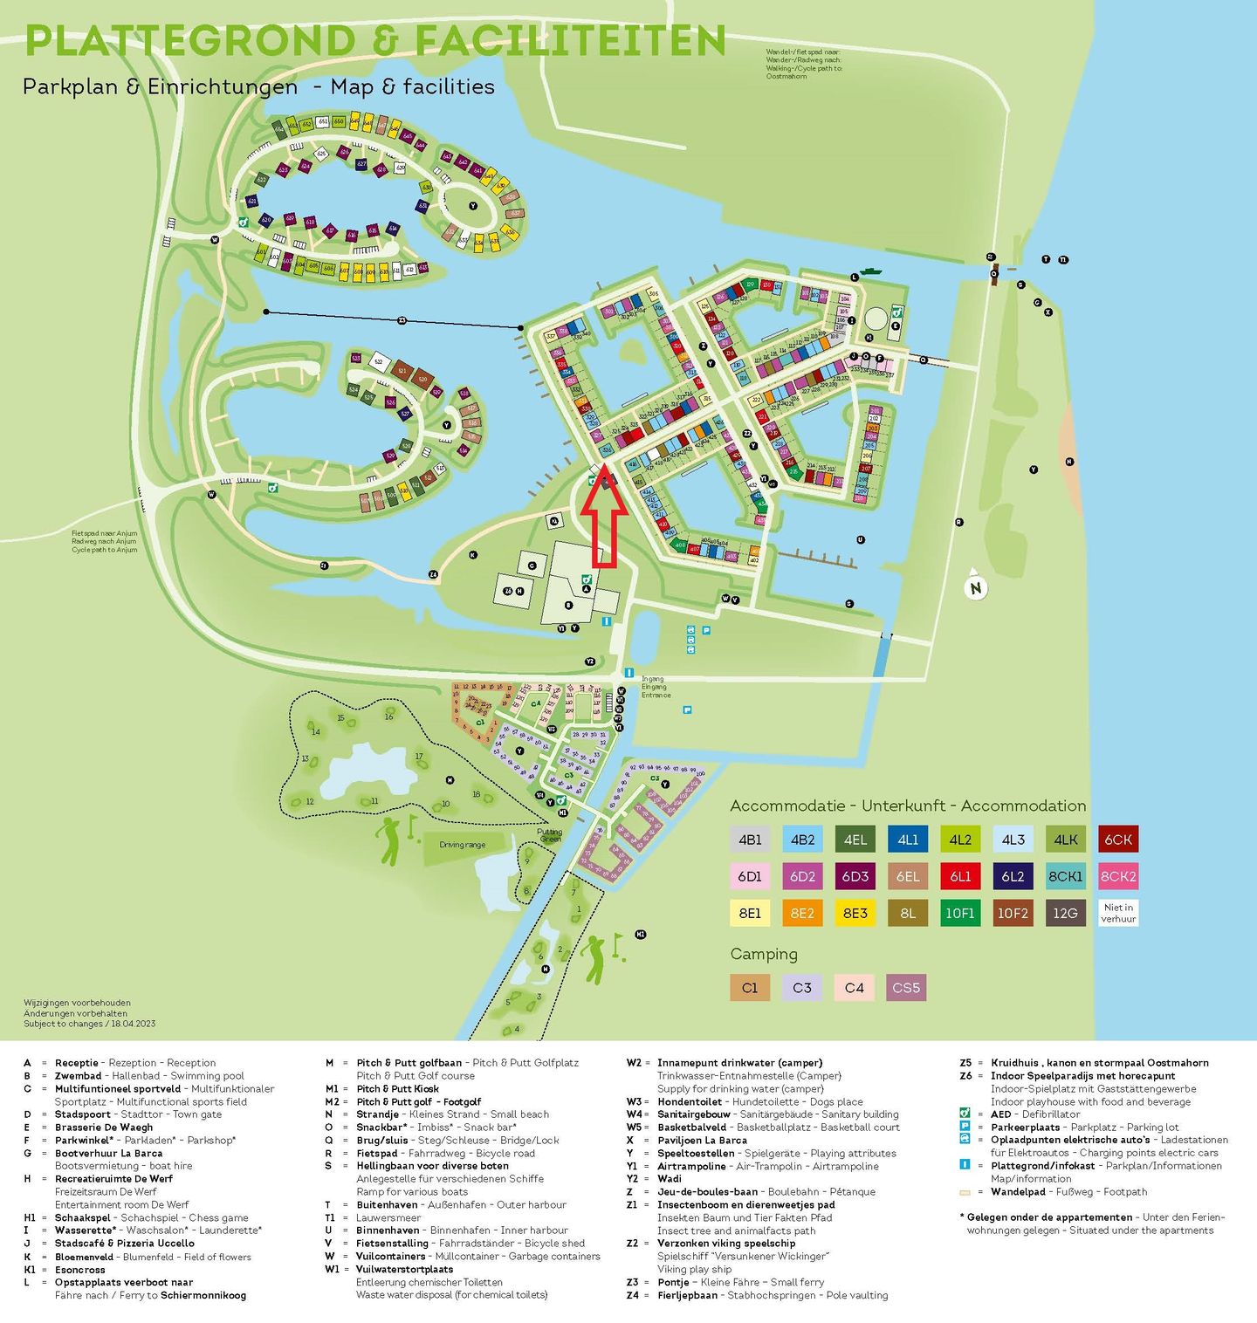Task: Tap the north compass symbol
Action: click(976, 586)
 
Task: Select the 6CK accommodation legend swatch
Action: click(1117, 840)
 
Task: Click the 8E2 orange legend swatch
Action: click(802, 913)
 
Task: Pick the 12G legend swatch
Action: click(1065, 913)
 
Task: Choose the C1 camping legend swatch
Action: click(750, 987)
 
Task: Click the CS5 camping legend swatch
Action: click(906, 987)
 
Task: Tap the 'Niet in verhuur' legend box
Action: click(1117, 913)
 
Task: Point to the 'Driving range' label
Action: click(462, 845)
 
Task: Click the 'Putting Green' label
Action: click(550, 835)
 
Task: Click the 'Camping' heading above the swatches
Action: click(764, 954)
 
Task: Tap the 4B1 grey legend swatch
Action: click(750, 840)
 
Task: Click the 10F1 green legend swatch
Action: click(959, 913)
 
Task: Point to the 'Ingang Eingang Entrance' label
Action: click(656, 687)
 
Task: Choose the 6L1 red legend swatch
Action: click(959, 876)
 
